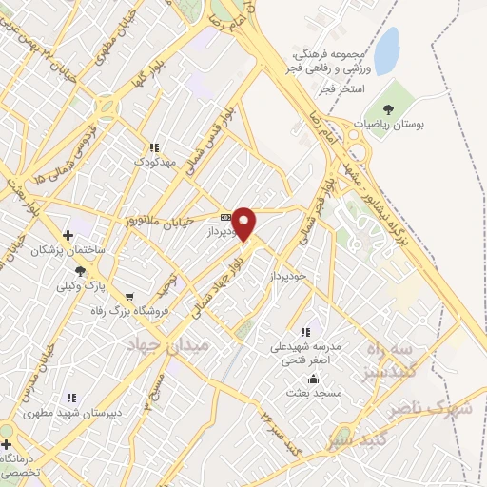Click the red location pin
click(x=244, y=224)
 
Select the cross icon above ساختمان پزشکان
click(x=67, y=235)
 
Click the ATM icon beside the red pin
click(x=225, y=217)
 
